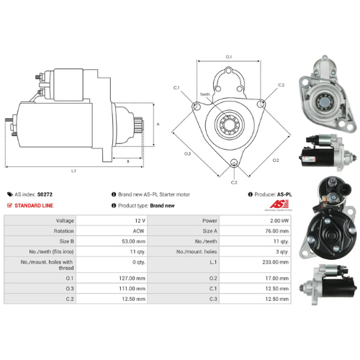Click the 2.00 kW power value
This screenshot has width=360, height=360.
[274, 220]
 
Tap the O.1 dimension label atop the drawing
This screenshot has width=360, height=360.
[229, 55]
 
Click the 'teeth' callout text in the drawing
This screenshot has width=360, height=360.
[205, 94]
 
